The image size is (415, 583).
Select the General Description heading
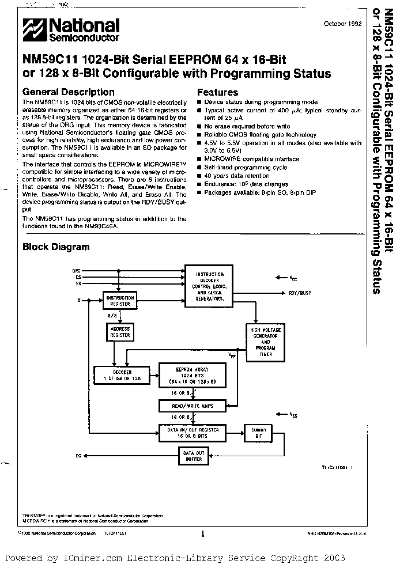[x=68, y=92]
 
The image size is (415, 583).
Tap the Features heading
[x=217, y=92]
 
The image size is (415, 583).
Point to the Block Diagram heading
[x=56, y=247]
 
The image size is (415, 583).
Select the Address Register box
[x=119, y=331]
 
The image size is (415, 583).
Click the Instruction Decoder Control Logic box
[x=209, y=286]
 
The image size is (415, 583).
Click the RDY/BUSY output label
[x=300, y=293]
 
